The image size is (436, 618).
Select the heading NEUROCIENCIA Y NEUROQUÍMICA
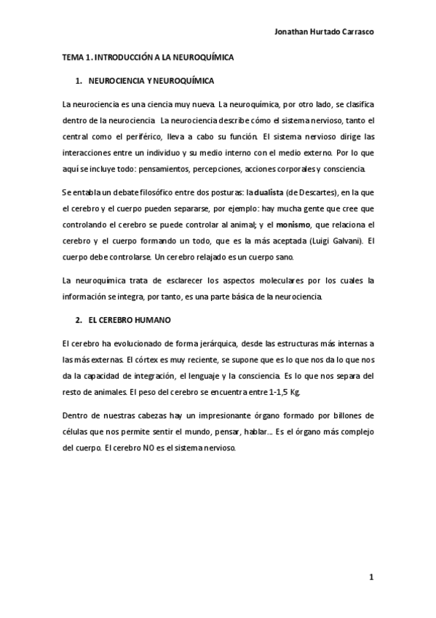(x=151, y=80)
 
